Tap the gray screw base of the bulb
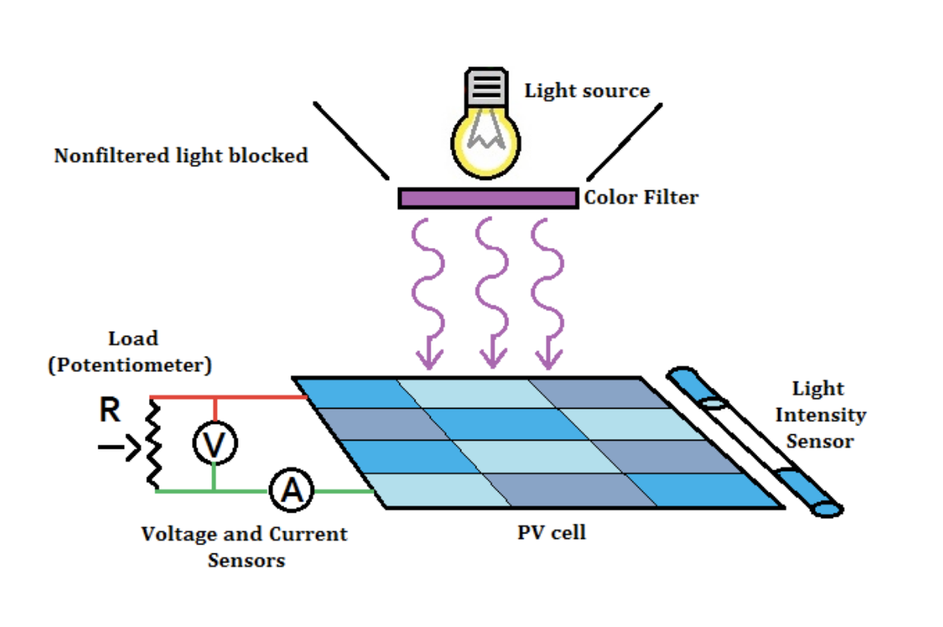(487, 86)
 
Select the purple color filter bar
(488, 198)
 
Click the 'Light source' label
(587, 91)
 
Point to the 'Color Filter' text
(640, 198)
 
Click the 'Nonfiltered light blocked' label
(181, 156)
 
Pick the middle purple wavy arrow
(492, 296)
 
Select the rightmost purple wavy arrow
(548, 296)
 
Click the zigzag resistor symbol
(153, 445)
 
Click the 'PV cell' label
(552, 533)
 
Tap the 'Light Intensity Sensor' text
(819, 415)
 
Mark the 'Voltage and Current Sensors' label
(245, 547)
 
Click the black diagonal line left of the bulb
(351, 141)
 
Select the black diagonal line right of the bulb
(625, 141)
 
